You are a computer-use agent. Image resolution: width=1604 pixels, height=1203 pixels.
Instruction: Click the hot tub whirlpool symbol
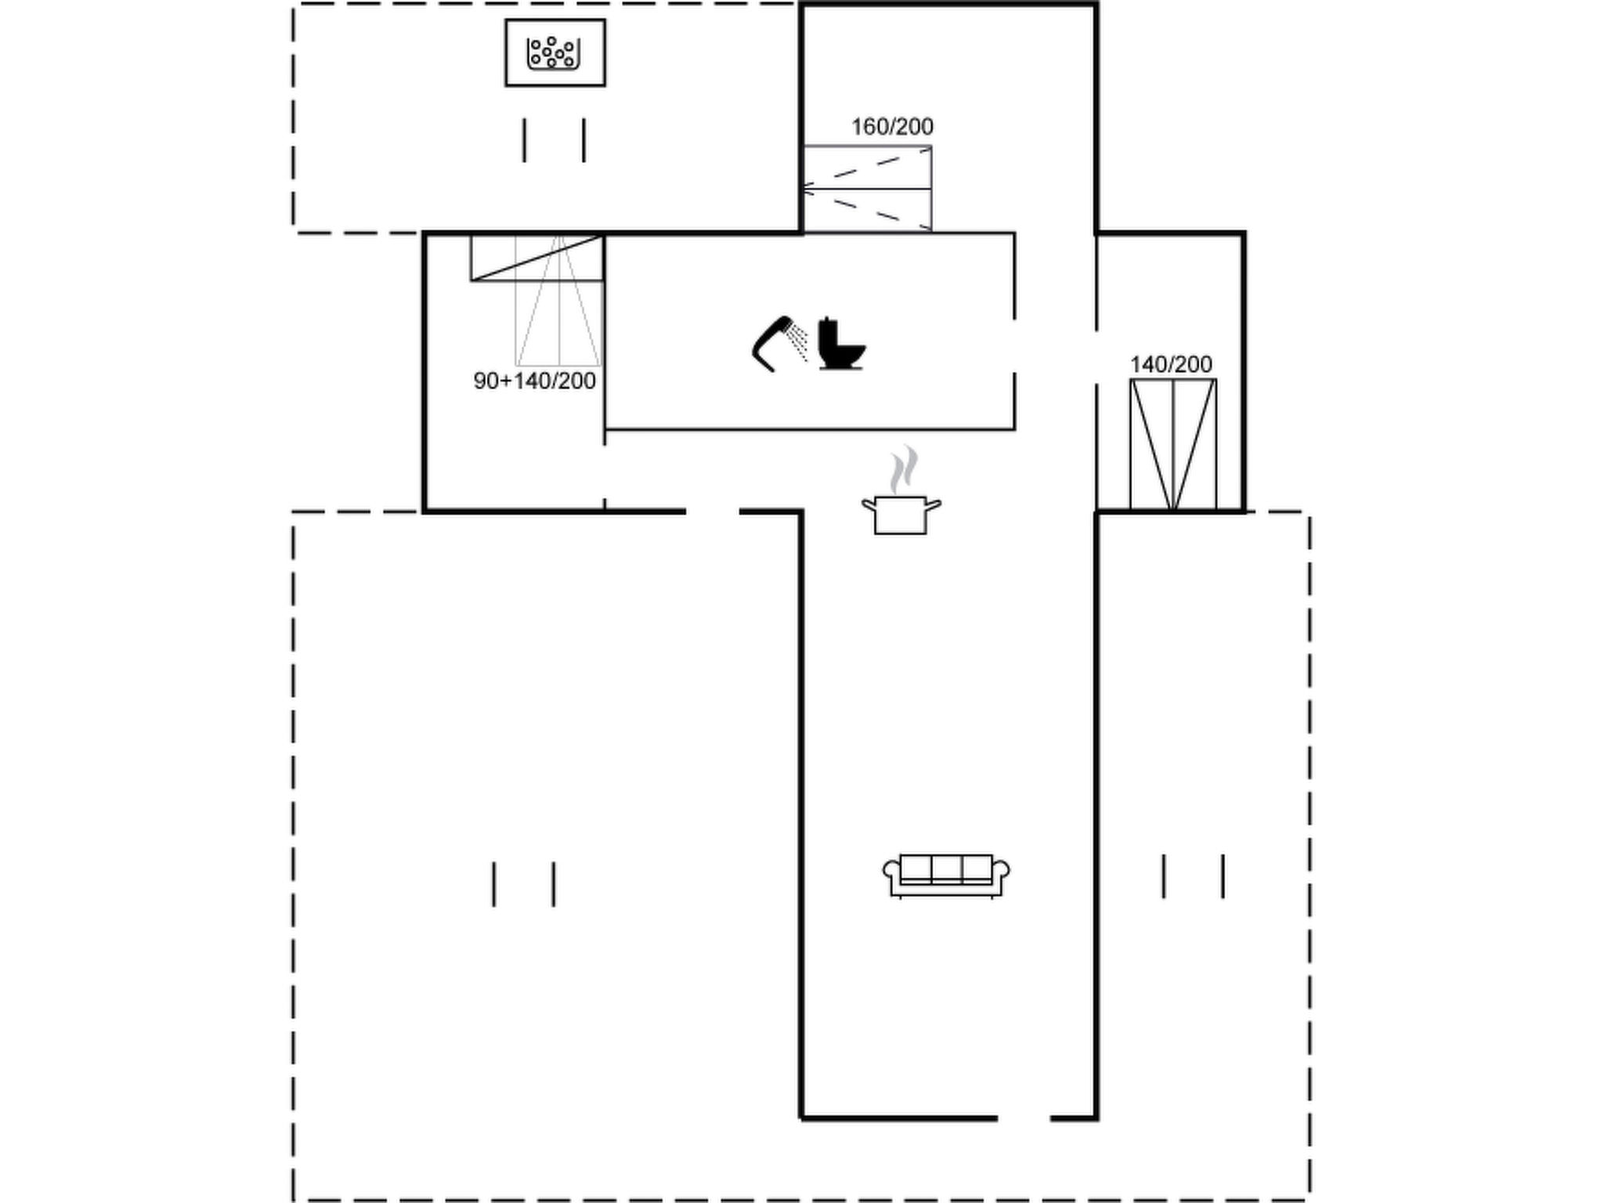pyautogui.click(x=554, y=52)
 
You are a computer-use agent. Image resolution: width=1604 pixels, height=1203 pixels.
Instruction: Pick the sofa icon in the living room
pyautogui.click(x=946, y=876)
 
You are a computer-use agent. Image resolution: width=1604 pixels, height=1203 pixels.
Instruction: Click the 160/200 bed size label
pyautogui.click(x=892, y=126)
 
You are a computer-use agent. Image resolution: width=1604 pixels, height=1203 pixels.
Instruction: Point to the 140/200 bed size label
pyautogui.click(x=1171, y=364)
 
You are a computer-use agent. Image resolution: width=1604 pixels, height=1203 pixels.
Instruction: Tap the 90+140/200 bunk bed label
pyautogui.click(x=535, y=381)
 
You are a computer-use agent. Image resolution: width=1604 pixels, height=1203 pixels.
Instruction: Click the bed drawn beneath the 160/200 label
pyautogui.click(x=867, y=189)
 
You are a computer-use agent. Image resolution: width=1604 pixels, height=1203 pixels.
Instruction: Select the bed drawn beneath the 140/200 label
pyautogui.click(x=1172, y=445)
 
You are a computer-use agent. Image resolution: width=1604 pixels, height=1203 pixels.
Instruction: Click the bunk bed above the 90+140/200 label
pyautogui.click(x=537, y=300)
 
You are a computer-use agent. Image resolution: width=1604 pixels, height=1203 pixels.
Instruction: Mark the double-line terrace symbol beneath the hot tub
pyautogui.click(x=554, y=140)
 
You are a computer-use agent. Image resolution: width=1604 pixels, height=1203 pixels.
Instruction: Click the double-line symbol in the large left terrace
pyautogui.click(x=523, y=884)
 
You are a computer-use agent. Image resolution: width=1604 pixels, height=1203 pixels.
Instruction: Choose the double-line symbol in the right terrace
pyautogui.click(x=1193, y=876)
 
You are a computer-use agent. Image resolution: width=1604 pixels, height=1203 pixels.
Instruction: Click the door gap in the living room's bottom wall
pyautogui.click(x=1024, y=1118)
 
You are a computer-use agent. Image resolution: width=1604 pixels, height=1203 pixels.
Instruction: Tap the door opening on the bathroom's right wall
pyautogui.click(x=1015, y=346)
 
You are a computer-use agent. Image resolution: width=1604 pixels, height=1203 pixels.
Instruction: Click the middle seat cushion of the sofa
pyautogui.click(x=946, y=869)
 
